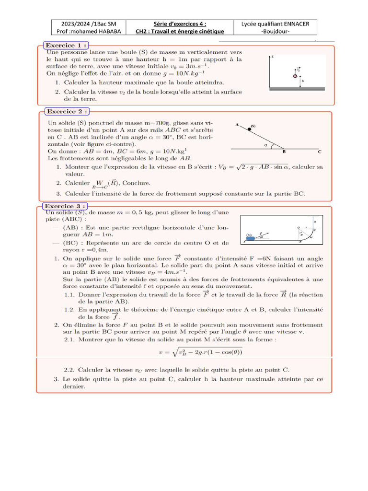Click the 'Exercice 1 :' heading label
click(x=66, y=45)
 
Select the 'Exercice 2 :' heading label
click(x=67, y=111)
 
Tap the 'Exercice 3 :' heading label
click(x=66, y=206)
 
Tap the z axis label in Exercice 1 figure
click(x=273, y=57)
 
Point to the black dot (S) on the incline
click(x=249, y=129)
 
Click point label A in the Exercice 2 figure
click(x=237, y=124)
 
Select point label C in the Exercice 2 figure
click(x=320, y=152)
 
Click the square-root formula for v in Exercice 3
click(x=201, y=352)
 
